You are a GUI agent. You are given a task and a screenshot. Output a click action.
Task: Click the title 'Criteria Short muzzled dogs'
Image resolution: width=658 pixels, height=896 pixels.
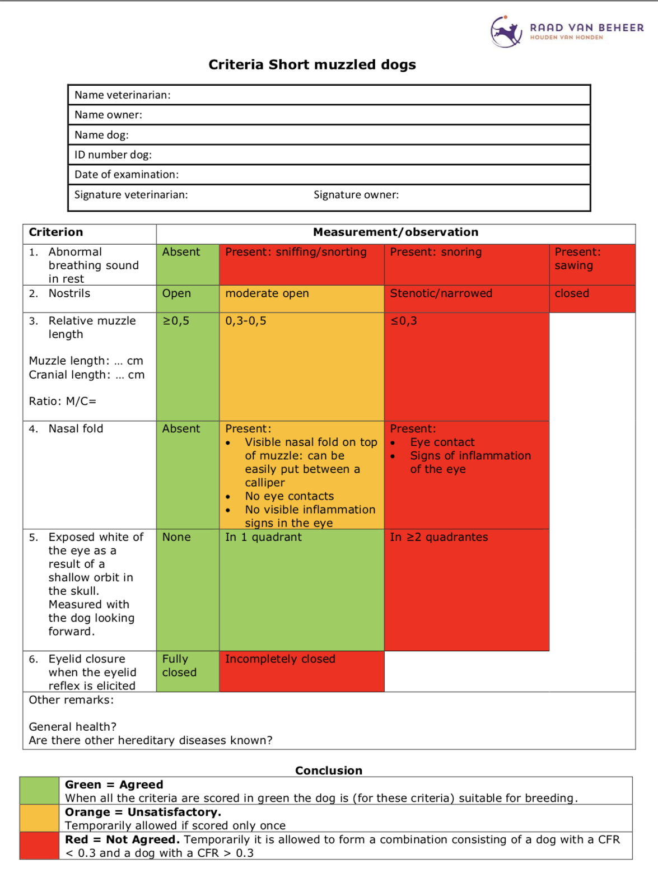pyautogui.click(x=312, y=65)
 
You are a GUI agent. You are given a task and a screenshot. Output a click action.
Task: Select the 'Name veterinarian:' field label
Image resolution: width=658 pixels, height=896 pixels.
pyautogui.click(x=123, y=95)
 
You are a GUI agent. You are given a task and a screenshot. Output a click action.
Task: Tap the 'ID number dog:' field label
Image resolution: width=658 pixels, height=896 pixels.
pyautogui.click(x=113, y=155)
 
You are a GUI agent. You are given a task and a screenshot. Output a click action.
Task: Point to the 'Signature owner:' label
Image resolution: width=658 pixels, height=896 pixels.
pyautogui.click(x=356, y=195)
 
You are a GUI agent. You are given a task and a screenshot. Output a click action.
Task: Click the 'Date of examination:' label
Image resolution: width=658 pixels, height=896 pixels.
pyautogui.click(x=127, y=175)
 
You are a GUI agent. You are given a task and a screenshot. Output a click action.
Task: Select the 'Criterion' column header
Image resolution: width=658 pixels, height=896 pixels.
pyautogui.click(x=56, y=232)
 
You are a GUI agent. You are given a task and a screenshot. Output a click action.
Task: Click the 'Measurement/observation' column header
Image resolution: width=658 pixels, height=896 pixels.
pyautogui.click(x=395, y=232)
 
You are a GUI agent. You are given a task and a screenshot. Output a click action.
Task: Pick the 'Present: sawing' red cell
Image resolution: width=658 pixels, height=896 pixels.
pyautogui.click(x=591, y=264)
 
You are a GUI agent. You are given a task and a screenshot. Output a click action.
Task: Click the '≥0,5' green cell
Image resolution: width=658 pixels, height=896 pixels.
pyautogui.click(x=188, y=366)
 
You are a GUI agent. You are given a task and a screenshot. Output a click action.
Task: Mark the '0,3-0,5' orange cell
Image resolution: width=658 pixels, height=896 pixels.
pyautogui.click(x=301, y=366)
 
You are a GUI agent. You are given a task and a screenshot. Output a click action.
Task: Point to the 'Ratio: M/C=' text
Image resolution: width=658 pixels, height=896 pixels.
pyautogui.click(x=63, y=402)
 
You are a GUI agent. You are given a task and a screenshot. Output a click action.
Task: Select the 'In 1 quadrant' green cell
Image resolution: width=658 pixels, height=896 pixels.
pyautogui.click(x=301, y=590)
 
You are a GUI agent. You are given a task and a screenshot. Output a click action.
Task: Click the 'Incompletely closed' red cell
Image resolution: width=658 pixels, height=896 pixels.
pyautogui.click(x=301, y=671)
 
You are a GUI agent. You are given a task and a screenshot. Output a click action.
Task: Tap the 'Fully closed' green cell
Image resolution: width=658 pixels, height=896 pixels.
pyautogui.click(x=188, y=671)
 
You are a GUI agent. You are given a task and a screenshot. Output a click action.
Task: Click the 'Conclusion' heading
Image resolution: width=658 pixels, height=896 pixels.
pyautogui.click(x=329, y=771)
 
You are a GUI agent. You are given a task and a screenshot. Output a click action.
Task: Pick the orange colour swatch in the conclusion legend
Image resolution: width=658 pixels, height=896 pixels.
pyautogui.click(x=39, y=818)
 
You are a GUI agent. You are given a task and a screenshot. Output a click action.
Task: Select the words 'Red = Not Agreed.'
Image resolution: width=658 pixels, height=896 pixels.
pyautogui.click(x=122, y=840)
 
